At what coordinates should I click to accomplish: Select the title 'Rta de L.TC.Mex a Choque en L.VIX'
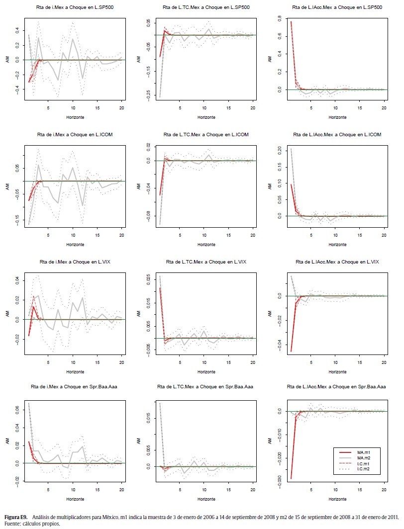[206, 262]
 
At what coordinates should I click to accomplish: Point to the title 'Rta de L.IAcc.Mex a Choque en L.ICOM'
[337, 135]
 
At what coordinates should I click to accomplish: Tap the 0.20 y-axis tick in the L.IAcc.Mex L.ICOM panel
[279, 149]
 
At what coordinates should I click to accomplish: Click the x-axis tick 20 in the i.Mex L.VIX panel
[122, 356]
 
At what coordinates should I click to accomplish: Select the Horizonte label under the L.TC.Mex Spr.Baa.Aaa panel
[206, 498]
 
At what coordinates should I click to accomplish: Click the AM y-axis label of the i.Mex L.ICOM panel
[7, 186]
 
